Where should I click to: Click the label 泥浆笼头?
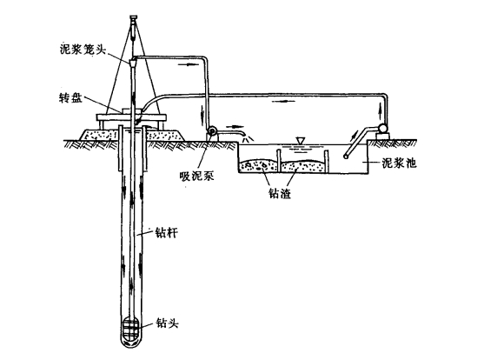point(83,50)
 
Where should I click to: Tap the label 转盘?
point(70,98)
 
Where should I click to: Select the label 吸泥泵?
point(197,176)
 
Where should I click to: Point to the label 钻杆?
point(167,232)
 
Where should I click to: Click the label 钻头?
point(168,323)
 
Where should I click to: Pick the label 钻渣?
point(280,193)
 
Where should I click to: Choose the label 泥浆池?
point(399,163)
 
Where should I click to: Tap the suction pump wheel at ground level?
point(212,131)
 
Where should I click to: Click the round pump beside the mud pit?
point(382,127)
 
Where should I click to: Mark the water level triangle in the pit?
point(300,140)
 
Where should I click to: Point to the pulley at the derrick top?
point(133,18)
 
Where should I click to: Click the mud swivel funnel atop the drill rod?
point(133,63)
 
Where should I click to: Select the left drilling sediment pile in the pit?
point(259,165)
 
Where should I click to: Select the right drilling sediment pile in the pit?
point(302,166)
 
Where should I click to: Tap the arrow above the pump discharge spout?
point(234,126)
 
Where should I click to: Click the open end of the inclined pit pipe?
point(346,157)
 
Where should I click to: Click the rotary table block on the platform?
point(132,111)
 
